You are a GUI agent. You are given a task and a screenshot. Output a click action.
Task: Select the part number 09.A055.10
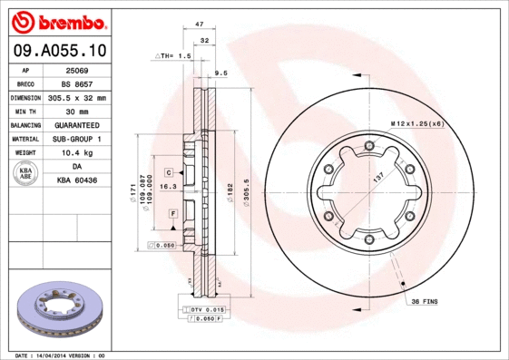pyautogui.click(x=57, y=52)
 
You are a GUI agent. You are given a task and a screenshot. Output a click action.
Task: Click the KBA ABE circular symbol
pyautogui.click(x=24, y=173)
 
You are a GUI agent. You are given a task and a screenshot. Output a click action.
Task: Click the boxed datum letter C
pyautogui.click(x=169, y=171)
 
